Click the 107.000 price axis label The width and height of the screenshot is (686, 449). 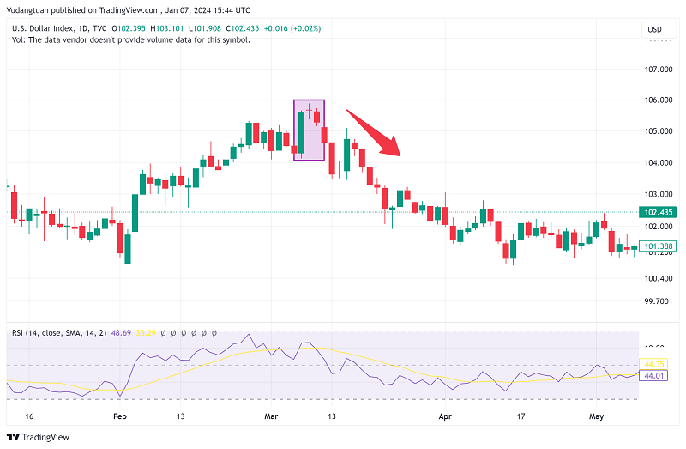[x=659, y=69]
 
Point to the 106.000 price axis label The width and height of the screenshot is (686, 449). [x=659, y=100]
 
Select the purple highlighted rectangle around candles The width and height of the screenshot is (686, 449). [x=309, y=130]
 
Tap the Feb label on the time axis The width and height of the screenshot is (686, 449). [x=119, y=416]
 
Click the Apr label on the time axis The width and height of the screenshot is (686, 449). [x=445, y=416]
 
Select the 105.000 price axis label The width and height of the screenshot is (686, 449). [x=659, y=131]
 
